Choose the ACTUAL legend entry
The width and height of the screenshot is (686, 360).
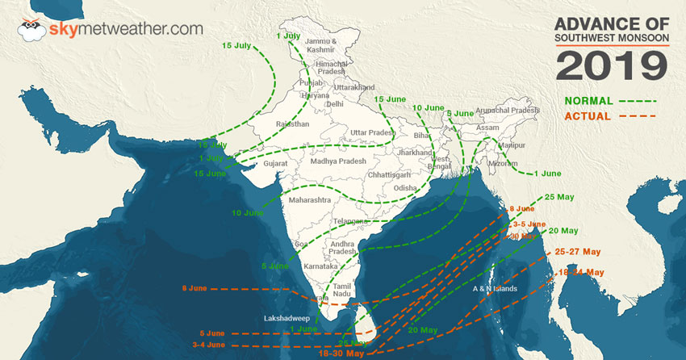588,117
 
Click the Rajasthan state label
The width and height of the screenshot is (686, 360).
292,124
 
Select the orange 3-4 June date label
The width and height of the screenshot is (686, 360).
207,345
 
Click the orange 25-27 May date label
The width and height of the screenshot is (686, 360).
579,252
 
